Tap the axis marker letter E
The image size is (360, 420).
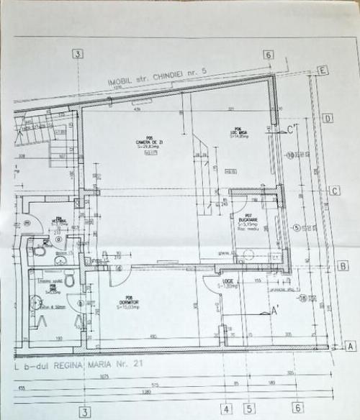click(x=323, y=70)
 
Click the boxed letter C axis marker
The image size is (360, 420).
click(x=335, y=191)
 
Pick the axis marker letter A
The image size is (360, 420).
click(x=350, y=346)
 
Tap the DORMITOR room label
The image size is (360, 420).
click(x=130, y=300)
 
